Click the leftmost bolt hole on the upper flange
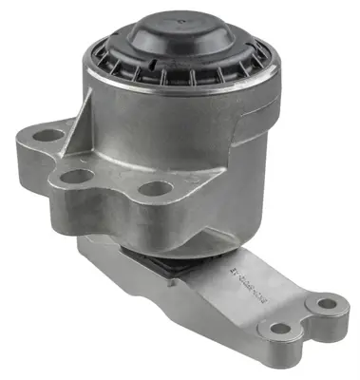[43, 136]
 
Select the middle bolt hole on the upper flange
[70, 176]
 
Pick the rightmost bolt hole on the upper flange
[154, 187]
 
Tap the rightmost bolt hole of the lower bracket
[326, 305]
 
